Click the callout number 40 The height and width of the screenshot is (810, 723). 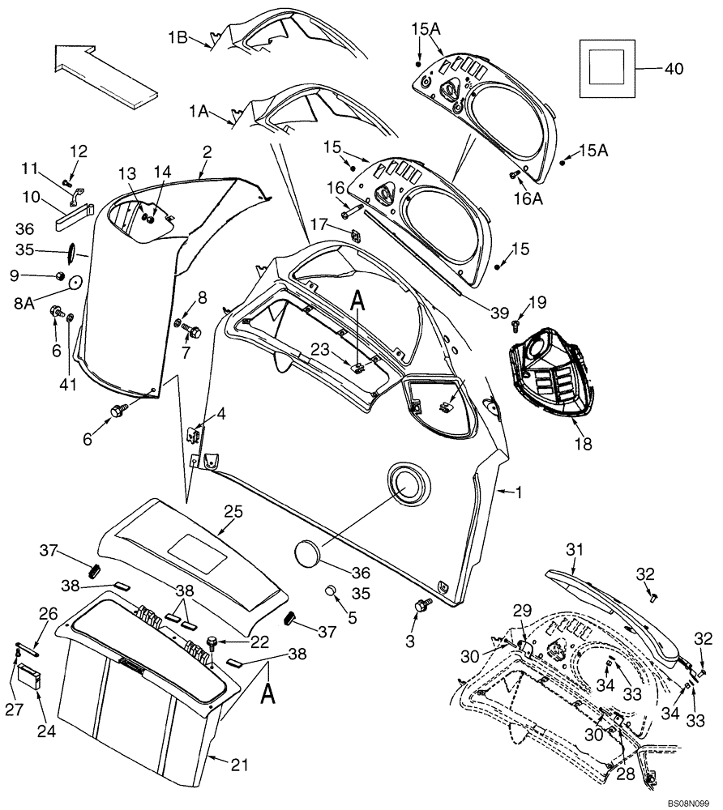pos(674,69)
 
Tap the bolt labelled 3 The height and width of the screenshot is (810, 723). pos(421,606)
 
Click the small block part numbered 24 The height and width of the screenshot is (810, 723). pos(31,675)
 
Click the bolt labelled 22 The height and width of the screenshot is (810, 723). pos(212,643)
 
